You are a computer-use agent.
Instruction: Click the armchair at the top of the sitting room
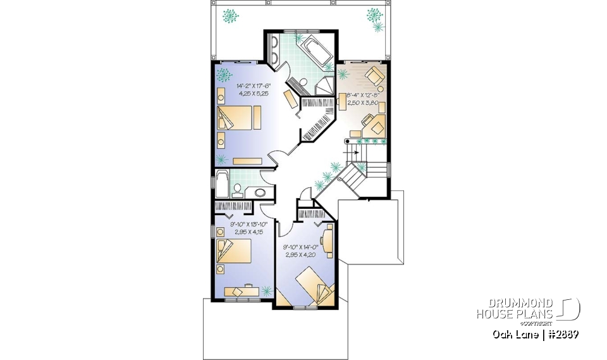point(375,75)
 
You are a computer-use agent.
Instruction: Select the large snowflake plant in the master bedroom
point(223,76)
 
